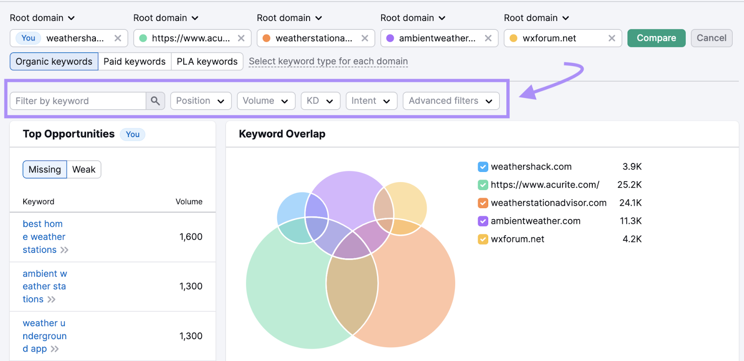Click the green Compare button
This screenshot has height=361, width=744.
[656, 38]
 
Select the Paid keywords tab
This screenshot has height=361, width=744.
[134, 61]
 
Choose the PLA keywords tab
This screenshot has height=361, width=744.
[207, 61]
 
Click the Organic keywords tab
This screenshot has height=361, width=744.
[54, 61]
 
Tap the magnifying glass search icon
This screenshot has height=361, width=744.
[155, 101]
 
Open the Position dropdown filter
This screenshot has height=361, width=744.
[200, 101]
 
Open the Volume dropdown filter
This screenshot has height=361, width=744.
[266, 101]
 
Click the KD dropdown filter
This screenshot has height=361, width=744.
[320, 101]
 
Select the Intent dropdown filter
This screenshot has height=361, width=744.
[372, 101]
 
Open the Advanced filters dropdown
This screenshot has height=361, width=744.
[451, 101]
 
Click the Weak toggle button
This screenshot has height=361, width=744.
[84, 170]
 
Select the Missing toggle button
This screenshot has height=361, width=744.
[45, 170]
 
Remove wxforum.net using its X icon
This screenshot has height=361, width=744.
[612, 38]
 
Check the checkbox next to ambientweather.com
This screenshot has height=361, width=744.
[483, 221]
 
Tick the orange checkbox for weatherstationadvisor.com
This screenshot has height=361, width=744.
[483, 203]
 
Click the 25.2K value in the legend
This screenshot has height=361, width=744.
[630, 184]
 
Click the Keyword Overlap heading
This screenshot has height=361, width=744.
[282, 134]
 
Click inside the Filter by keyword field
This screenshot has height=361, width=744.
[78, 101]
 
